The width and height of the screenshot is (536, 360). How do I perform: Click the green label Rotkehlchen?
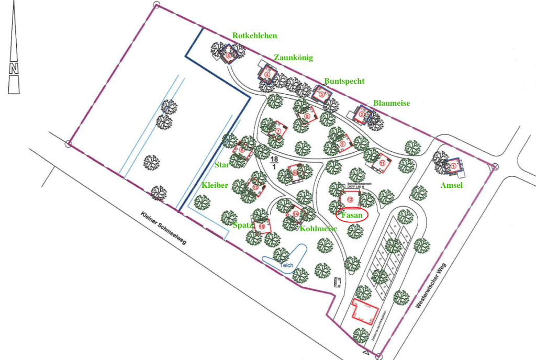click(254, 36)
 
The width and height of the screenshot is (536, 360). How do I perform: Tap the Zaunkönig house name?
click(293, 58)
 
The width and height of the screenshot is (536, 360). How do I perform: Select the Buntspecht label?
click(344, 81)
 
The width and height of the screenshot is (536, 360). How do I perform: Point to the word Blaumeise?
click(391, 103)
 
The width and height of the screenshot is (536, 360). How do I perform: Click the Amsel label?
click(452, 185)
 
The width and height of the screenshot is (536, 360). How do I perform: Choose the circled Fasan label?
click(352, 215)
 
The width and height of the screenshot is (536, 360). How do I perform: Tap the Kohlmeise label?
click(318, 229)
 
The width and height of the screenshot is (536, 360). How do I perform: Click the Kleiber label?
click(215, 185)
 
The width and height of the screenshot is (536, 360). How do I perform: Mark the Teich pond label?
click(286, 265)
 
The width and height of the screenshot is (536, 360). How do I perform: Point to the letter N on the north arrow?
click(14, 69)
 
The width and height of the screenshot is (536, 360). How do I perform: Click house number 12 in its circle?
click(350, 199)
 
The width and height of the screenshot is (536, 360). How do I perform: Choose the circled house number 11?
click(382, 163)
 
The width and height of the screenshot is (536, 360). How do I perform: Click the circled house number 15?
click(262, 226)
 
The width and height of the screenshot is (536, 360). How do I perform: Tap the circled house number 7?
click(278, 131)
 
